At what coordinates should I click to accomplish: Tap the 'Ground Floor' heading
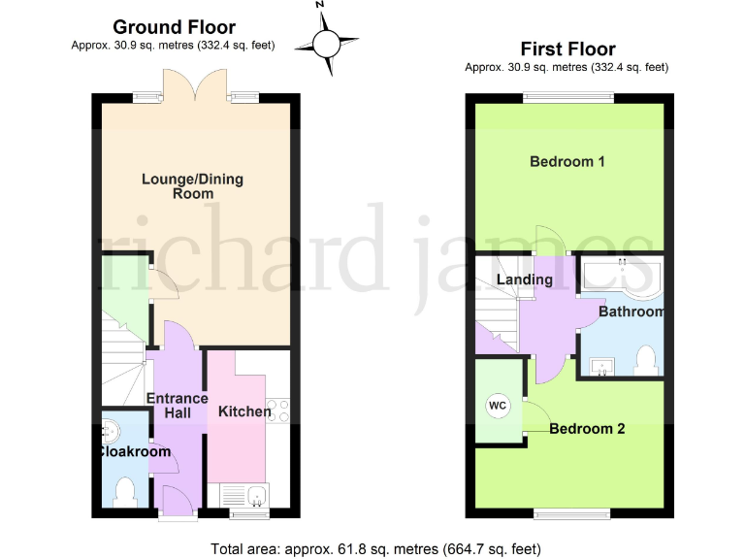pos(174,27)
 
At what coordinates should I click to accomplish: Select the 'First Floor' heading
pos(567,49)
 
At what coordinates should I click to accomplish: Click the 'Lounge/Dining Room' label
pos(192,186)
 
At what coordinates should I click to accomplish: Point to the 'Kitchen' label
pos(244,411)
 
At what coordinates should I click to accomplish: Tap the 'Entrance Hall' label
pos(177,406)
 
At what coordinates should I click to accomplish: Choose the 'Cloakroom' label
pos(133,451)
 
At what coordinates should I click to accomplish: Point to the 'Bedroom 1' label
pos(567,161)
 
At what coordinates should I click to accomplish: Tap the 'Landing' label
pos(524,279)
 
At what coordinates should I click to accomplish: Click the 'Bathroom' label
pos(631,312)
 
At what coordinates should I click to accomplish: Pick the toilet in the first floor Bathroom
pos(644,360)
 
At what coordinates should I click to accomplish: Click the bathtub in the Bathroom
pos(621,276)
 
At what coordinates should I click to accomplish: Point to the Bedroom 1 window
pos(568,97)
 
